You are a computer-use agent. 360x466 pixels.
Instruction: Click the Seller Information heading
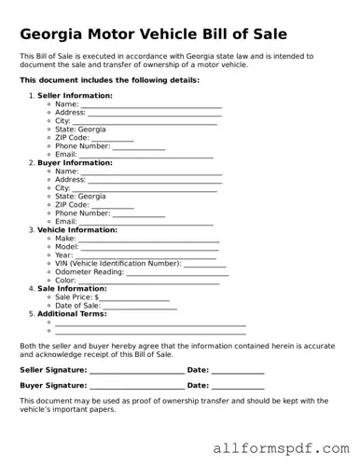tap(75, 95)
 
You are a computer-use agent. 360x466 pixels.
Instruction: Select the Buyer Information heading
tap(75, 162)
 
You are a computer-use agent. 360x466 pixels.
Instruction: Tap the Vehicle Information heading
tap(77, 229)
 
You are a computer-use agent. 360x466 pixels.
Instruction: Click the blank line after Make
tap(148, 240)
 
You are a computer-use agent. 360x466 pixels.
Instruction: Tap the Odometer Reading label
tap(89, 271)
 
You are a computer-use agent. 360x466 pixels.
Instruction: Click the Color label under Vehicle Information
tap(65, 280)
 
